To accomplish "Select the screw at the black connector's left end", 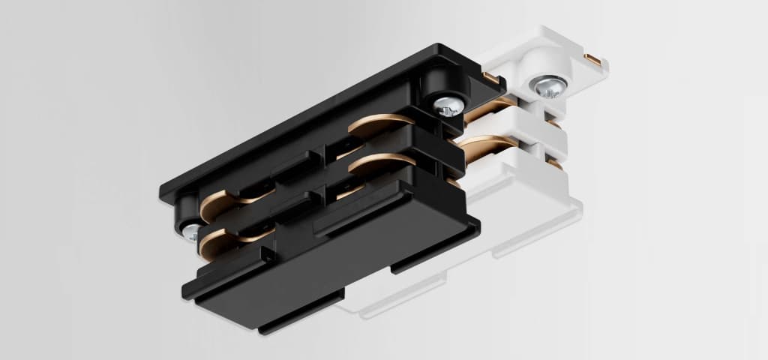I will coord(189,230).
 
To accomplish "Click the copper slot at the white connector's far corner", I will coord(593,58).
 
